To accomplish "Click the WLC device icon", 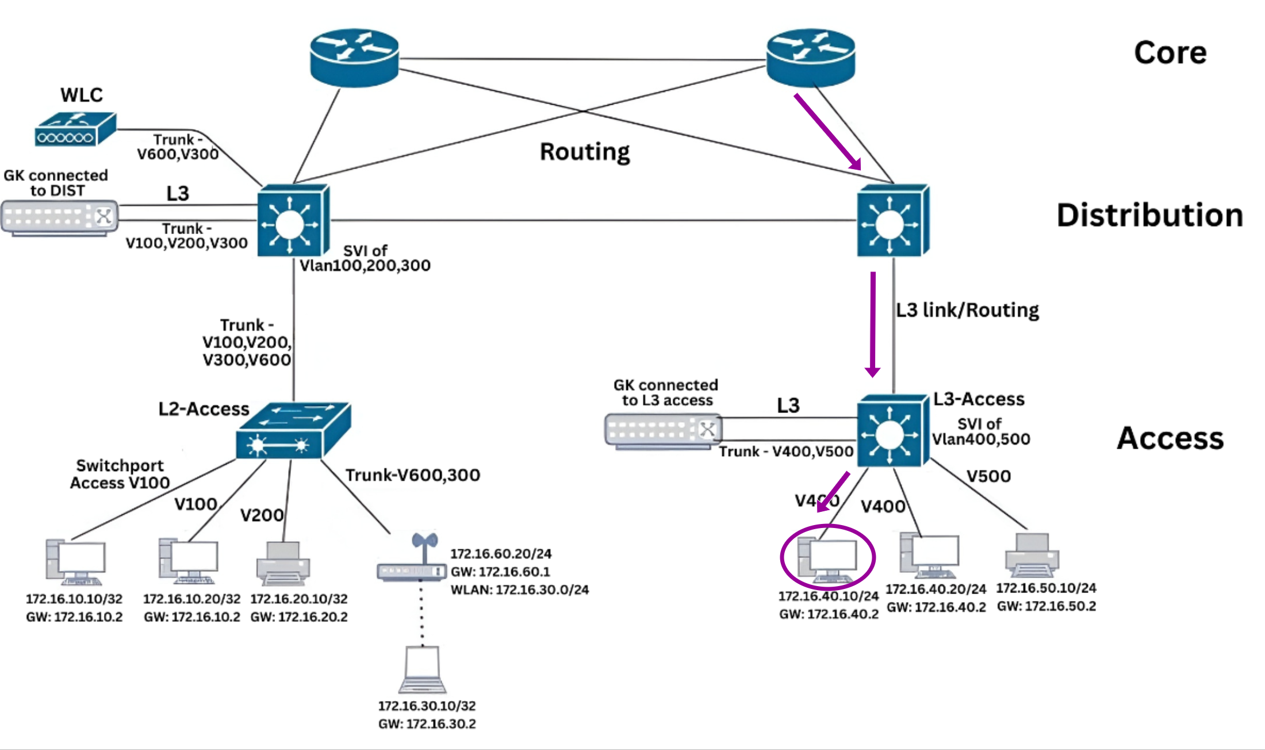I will point(75,129).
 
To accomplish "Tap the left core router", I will point(354,58).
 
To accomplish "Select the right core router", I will point(811,58).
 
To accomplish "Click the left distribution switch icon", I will point(293,221).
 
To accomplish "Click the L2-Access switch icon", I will point(293,431).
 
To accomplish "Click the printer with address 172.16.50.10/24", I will point(1032,556).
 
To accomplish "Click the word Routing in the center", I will point(585,152).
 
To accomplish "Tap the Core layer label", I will point(1170,53).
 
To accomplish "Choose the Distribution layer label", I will point(1150,215).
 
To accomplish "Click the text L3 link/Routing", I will point(967,310).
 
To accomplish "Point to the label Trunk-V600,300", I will point(412,475).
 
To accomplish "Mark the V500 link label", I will point(988,476).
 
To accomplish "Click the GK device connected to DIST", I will point(60,217).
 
